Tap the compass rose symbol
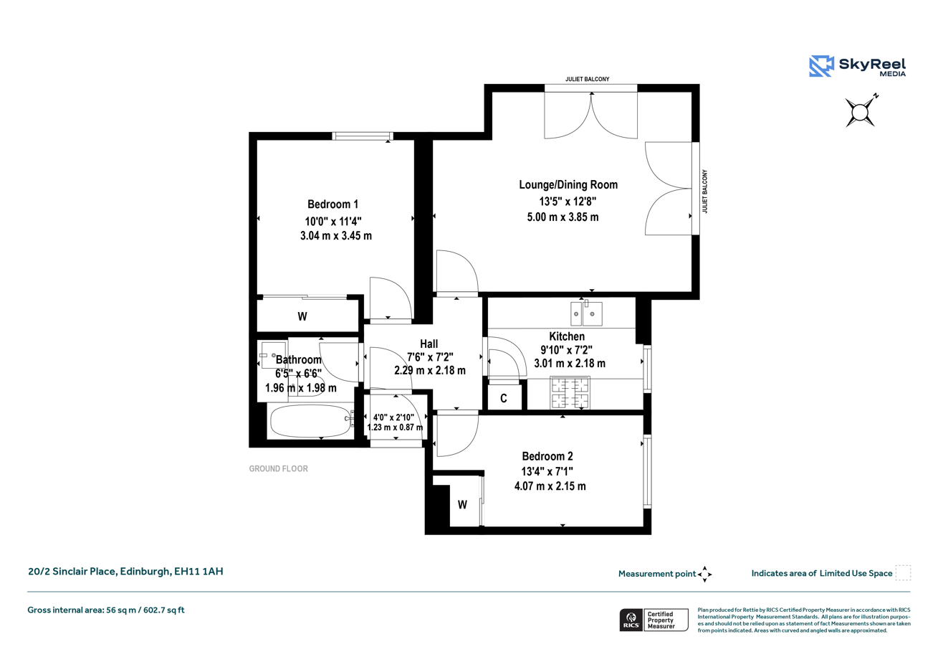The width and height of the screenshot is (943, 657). (x=861, y=111)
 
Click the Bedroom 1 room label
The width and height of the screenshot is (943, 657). (x=332, y=204)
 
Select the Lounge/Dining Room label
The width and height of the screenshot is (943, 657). (x=568, y=185)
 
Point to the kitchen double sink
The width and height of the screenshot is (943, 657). (x=586, y=313)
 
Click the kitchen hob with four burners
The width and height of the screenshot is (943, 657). (x=570, y=393)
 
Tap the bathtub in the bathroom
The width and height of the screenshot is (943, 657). (x=312, y=421)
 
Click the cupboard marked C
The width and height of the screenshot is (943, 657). (x=504, y=398)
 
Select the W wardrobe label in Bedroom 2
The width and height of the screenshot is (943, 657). (x=462, y=504)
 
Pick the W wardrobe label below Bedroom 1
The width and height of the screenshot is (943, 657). (x=302, y=316)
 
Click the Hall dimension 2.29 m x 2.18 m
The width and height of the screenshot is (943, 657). (x=430, y=370)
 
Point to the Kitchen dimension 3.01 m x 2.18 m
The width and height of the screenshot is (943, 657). (x=570, y=363)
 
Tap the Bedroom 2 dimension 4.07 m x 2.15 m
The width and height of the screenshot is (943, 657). (x=550, y=486)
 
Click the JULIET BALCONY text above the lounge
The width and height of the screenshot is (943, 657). (x=588, y=79)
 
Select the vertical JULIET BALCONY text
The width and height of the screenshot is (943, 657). (x=704, y=192)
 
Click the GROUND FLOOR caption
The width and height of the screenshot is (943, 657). (x=278, y=468)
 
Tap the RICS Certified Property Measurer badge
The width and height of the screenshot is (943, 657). (x=654, y=620)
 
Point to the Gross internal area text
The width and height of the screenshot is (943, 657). (x=105, y=610)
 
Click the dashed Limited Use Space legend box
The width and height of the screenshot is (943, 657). (x=903, y=572)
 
